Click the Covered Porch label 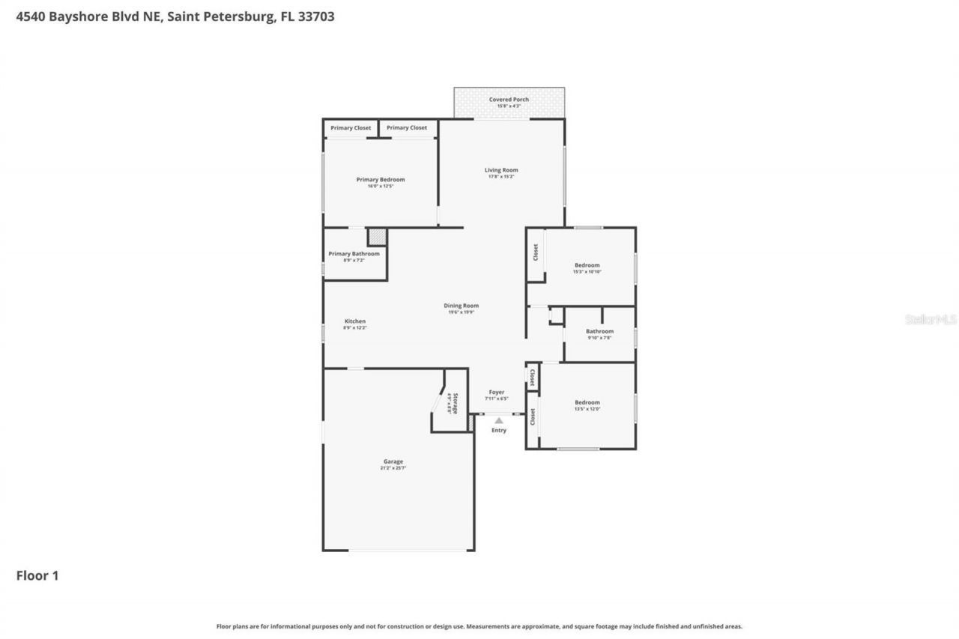click(509, 100)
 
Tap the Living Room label click(501, 170)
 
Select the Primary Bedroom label click(381, 180)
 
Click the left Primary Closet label click(351, 128)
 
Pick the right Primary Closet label click(407, 128)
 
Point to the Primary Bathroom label click(354, 254)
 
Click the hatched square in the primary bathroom click(378, 237)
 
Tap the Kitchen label click(355, 321)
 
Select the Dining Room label click(461, 306)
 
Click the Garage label click(393, 461)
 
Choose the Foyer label click(496, 392)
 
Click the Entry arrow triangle click(498, 420)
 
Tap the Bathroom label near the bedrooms click(599, 331)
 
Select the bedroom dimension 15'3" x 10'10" click(587, 272)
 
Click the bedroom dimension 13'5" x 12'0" click(587, 409)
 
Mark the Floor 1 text click(37, 575)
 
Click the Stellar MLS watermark click(931, 319)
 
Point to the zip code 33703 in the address click(317, 16)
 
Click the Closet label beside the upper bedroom click(536, 252)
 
